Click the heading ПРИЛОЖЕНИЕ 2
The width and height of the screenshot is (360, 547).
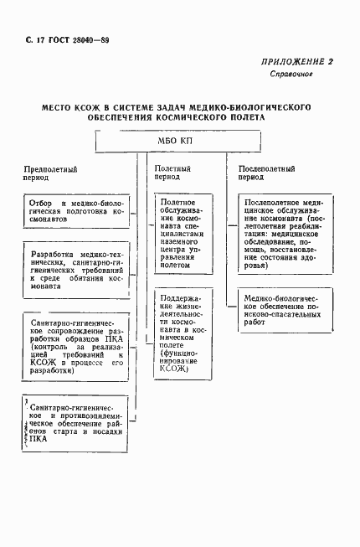point(298,61)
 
